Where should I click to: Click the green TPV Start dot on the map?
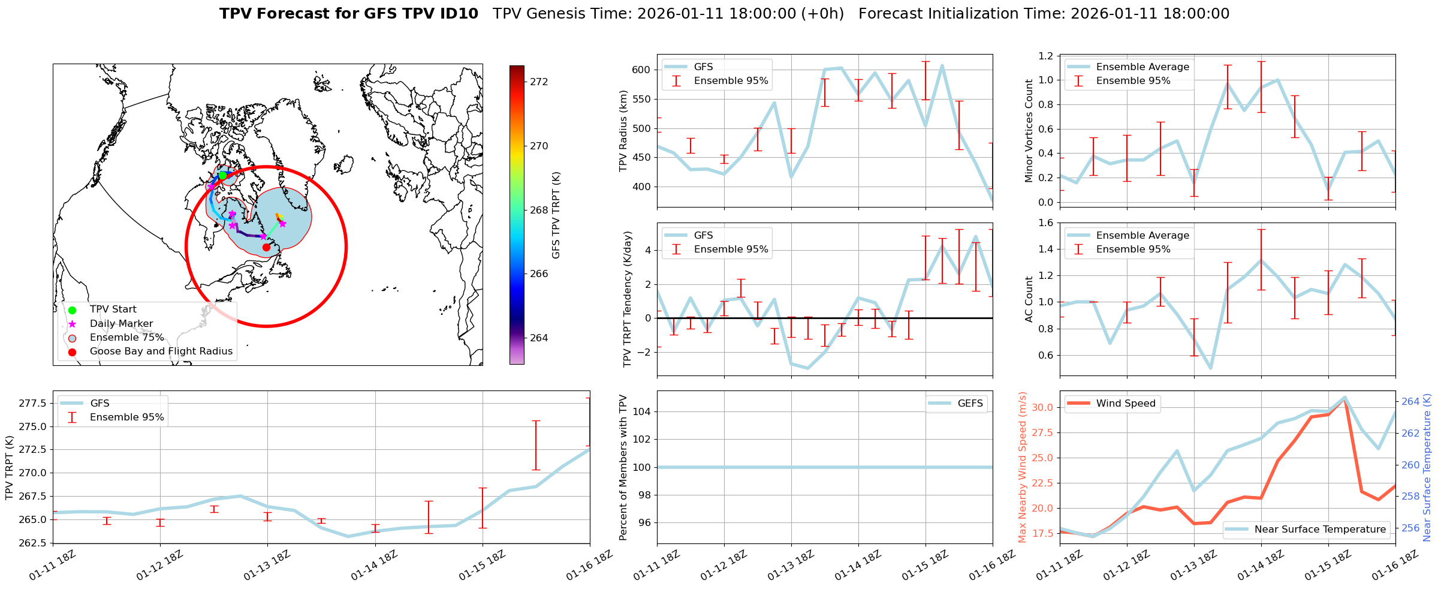tap(223, 175)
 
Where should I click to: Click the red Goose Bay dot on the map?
tap(266, 247)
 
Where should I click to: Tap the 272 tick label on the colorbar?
tap(539, 82)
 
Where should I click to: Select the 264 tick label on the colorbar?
tap(539, 338)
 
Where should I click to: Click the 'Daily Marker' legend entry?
tap(121, 323)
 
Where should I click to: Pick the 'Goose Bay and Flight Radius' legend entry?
tap(161, 351)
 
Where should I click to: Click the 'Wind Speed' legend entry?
tap(1125, 403)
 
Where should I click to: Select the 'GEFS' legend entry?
tap(970, 403)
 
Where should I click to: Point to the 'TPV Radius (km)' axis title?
tap(623, 131)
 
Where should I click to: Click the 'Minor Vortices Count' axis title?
tap(1029, 131)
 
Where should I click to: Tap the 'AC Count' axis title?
tap(1029, 299)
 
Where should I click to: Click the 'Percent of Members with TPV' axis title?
tap(623, 467)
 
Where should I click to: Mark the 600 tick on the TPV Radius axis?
tap(641, 70)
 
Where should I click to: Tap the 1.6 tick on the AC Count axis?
tap(1045, 223)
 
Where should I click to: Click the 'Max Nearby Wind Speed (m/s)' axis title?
tap(1023, 467)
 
